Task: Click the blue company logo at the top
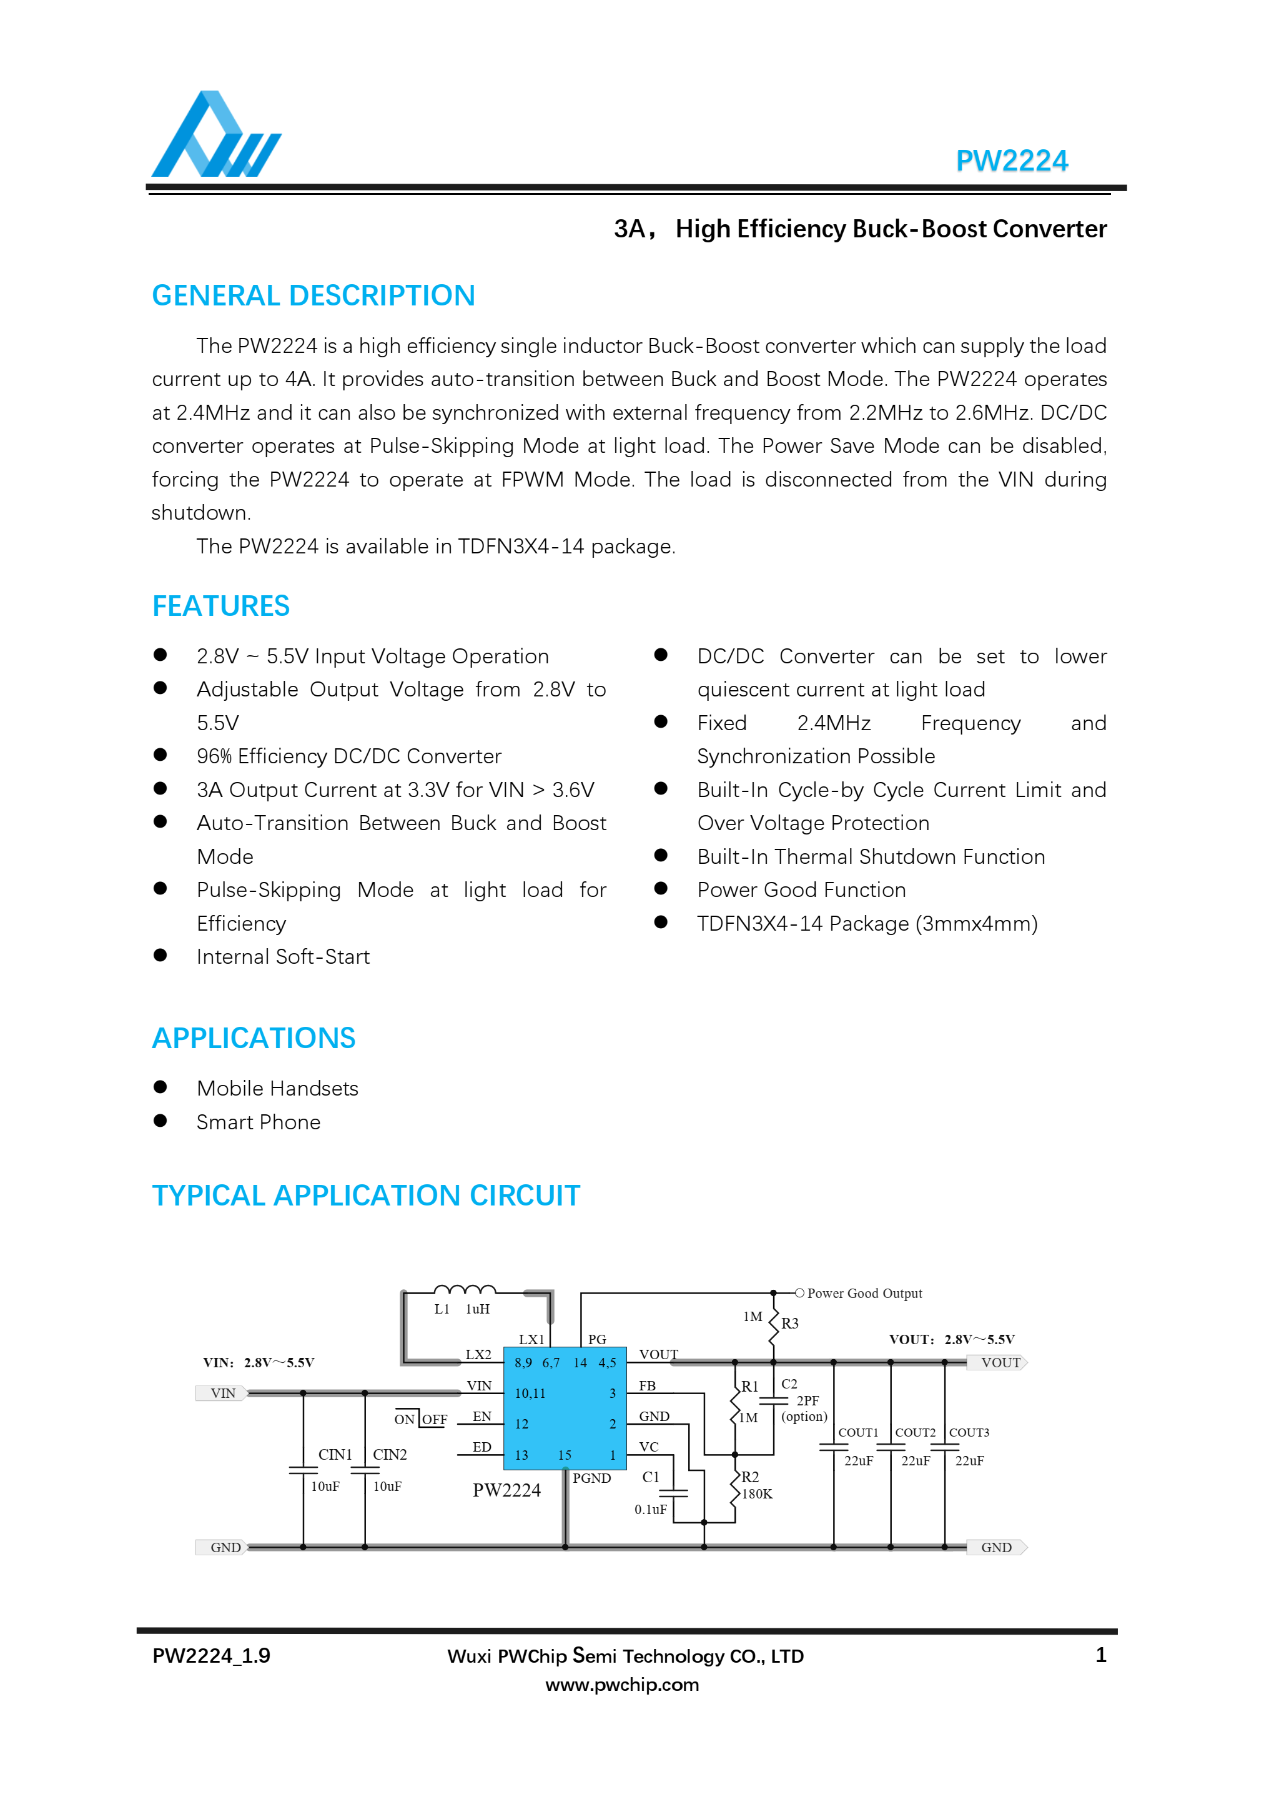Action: [x=215, y=135]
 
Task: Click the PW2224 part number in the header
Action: [x=1011, y=161]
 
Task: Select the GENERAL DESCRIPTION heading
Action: [x=313, y=296]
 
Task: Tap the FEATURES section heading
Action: [x=220, y=606]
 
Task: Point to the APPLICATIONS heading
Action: [x=254, y=1037]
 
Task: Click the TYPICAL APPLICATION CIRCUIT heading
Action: [x=365, y=1196]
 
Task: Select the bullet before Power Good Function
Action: [x=661, y=888]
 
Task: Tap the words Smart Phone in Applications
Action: [x=258, y=1122]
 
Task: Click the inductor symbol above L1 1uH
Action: [x=465, y=1289]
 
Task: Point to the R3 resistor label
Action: [x=790, y=1324]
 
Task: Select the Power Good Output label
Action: [x=864, y=1294]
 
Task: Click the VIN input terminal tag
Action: [x=222, y=1393]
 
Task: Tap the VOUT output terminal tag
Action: [x=999, y=1362]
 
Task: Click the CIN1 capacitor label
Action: [x=335, y=1454]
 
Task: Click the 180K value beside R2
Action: [x=757, y=1493]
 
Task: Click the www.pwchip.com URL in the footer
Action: [x=622, y=1685]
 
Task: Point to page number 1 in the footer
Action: [x=1100, y=1655]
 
